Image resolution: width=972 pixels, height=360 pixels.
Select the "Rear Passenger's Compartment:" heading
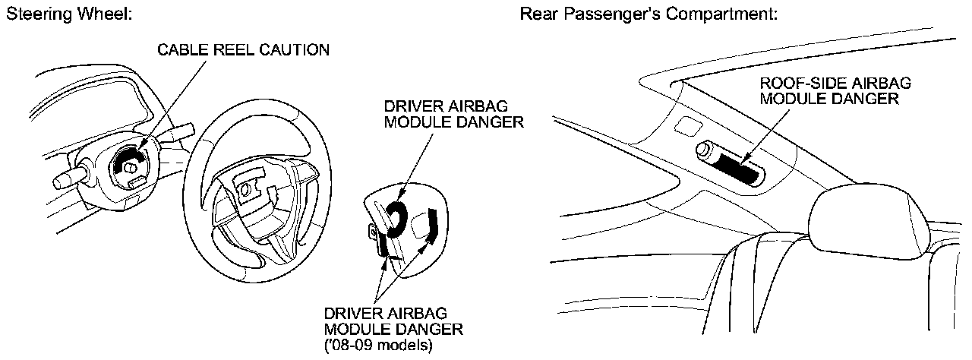click(649, 14)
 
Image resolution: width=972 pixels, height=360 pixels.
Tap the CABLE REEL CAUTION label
click(243, 50)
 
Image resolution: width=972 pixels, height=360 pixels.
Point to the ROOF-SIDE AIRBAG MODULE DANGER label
click(835, 90)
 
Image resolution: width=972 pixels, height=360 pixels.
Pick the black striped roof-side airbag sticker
click(741, 169)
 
